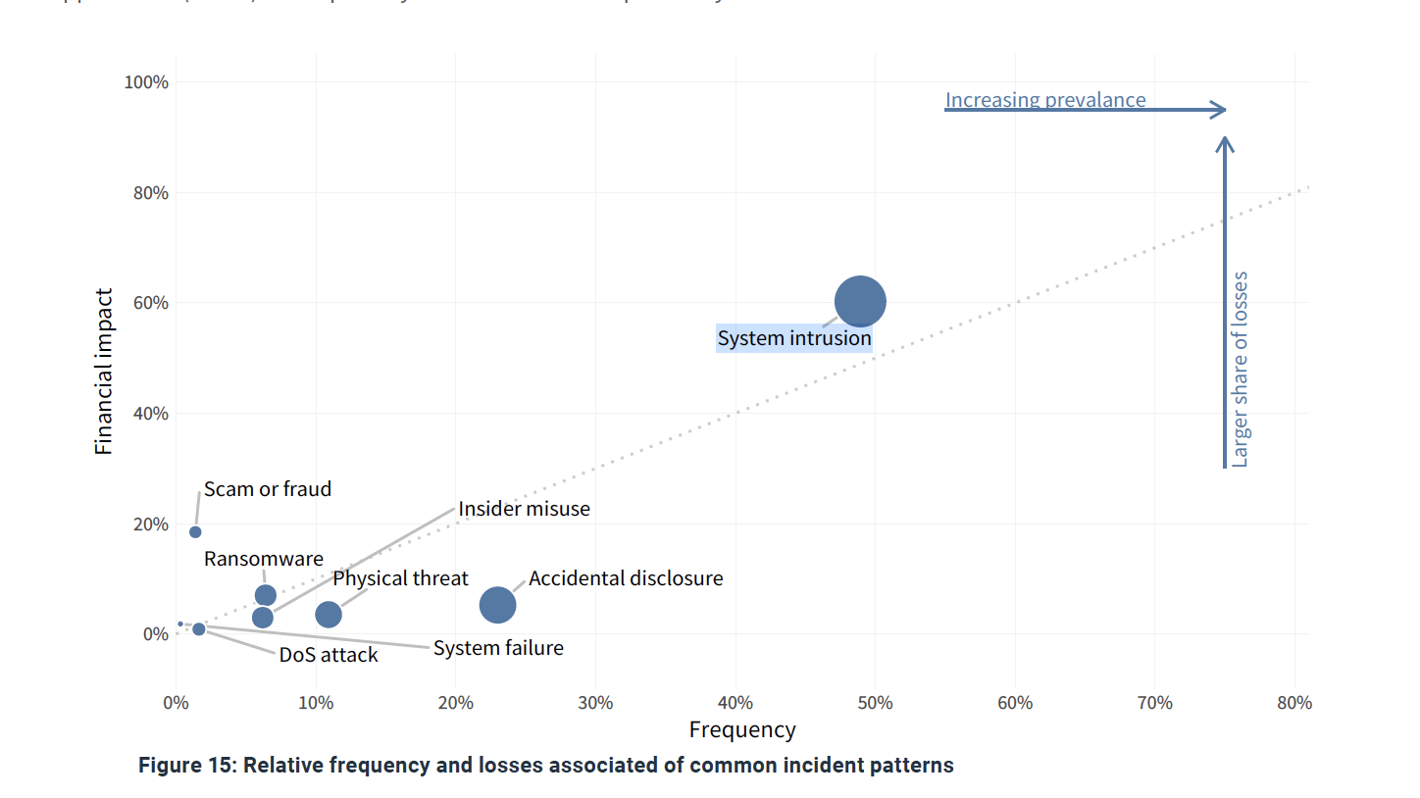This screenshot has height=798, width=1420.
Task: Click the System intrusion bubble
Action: click(860, 302)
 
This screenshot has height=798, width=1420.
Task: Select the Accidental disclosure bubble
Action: click(498, 605)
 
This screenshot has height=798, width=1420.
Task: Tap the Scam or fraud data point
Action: click(195, 531)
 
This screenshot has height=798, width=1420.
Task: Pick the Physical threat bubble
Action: click(329, 615)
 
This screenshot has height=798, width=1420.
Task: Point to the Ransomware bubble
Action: click(265, 595)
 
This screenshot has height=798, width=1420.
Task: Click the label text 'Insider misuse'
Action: click(524, 509)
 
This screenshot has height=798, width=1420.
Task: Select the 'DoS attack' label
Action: click(329, 655)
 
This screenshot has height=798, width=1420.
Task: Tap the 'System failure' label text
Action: click(498, 648)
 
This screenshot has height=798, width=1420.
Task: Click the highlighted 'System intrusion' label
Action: click(794, 338)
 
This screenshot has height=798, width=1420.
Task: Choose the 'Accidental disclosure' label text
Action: click(626, 578)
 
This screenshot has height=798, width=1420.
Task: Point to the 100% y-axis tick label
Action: click(146, 82)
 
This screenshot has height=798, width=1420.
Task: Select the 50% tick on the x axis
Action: click(875, 703)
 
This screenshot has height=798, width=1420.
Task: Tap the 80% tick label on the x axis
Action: click(1294, 703)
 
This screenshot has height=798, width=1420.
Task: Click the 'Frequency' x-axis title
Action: click(742, 730)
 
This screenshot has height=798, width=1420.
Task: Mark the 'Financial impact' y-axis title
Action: click(104, 372)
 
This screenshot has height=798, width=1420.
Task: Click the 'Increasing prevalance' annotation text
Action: click(1045, 100)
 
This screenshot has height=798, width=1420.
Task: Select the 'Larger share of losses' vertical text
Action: click(1241, 369)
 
